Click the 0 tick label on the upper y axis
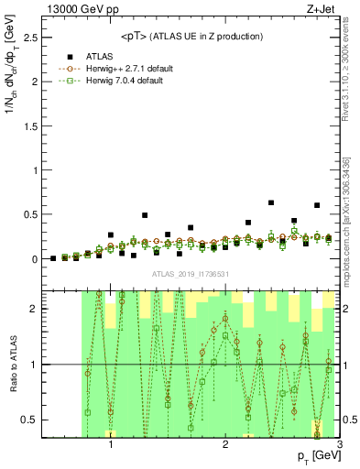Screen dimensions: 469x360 click(34, 259)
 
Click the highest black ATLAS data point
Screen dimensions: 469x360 click(271, 202)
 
